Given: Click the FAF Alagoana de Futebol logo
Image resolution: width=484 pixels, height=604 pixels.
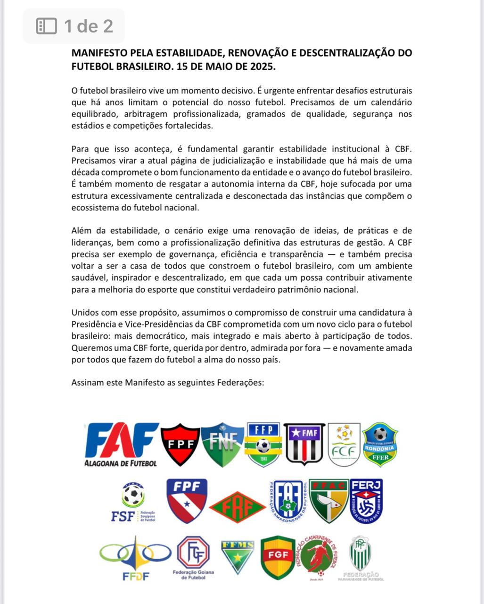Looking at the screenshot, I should [x=121, y=444].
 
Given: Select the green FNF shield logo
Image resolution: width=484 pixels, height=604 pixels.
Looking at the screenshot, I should [x=221, y=444].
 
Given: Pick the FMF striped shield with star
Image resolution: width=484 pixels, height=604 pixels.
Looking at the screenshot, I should [x=304, y=444].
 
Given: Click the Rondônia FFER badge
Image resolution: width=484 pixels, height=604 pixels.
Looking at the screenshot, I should [x=380, y=444].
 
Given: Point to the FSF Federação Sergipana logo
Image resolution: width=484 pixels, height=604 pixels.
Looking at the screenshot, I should [x=133, y=502].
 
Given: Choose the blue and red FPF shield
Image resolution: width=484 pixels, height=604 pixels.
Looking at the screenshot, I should [x=187, y=500].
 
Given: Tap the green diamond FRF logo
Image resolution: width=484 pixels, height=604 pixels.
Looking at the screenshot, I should [x=237, y=508].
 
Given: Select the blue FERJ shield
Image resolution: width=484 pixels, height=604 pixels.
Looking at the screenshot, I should [x=366, y=500].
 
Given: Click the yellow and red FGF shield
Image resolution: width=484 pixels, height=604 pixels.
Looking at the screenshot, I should [x=278, y=557].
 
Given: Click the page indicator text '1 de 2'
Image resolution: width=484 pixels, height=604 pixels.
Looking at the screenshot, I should [x=89, y=26].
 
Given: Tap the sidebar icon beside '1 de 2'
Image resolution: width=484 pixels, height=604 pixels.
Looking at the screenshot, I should [x=47, y=26].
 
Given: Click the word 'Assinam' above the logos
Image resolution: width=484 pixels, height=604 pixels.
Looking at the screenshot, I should [x=87, y=382].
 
